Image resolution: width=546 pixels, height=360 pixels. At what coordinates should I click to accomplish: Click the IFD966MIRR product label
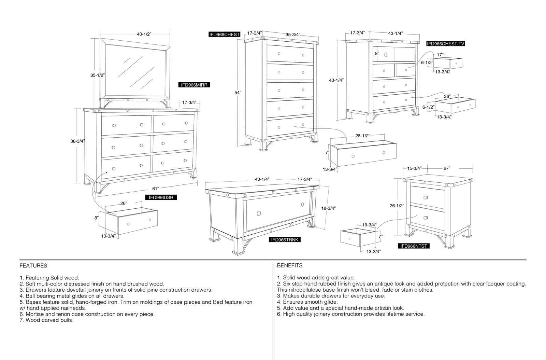click(194, 85)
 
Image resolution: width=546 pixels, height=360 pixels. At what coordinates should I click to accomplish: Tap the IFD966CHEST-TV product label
click(446, 44)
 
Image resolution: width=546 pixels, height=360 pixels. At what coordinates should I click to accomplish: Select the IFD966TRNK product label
click(285, 240)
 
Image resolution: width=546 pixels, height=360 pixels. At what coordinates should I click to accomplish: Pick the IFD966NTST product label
click(414, 246)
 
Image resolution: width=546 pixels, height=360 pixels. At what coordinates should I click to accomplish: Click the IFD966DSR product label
click(161, 197)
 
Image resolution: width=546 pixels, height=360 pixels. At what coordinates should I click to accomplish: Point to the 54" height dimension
click(238, 93)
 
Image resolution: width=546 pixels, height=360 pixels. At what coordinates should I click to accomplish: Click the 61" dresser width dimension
click(156, 189)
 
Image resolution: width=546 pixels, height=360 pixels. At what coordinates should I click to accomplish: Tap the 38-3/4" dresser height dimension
click(77, 141)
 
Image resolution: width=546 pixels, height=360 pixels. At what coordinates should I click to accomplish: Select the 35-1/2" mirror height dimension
click(98, 75)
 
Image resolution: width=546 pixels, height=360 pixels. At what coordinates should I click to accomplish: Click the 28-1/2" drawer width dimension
click(363, 136)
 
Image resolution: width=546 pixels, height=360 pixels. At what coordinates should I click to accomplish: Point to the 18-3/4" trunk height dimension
click(328, 208)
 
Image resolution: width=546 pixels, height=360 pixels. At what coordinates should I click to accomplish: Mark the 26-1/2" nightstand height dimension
click(397, 206)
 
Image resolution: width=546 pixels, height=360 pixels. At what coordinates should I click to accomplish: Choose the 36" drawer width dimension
click(447, 97)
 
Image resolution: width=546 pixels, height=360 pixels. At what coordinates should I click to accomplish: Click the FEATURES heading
click(33, 266)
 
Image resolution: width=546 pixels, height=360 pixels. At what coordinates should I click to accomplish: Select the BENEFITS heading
click(290, 266)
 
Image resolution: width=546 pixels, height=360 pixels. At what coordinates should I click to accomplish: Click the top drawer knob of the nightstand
click(426, 197)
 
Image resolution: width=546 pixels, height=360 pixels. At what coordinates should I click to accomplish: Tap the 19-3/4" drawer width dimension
click(369, 225)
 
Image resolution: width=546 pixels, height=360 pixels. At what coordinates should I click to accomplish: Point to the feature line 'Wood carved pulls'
click(46, 320)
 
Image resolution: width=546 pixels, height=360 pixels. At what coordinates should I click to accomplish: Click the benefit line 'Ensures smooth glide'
click(307, 302)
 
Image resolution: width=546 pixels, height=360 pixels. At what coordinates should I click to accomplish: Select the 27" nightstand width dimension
click(447, 168)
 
